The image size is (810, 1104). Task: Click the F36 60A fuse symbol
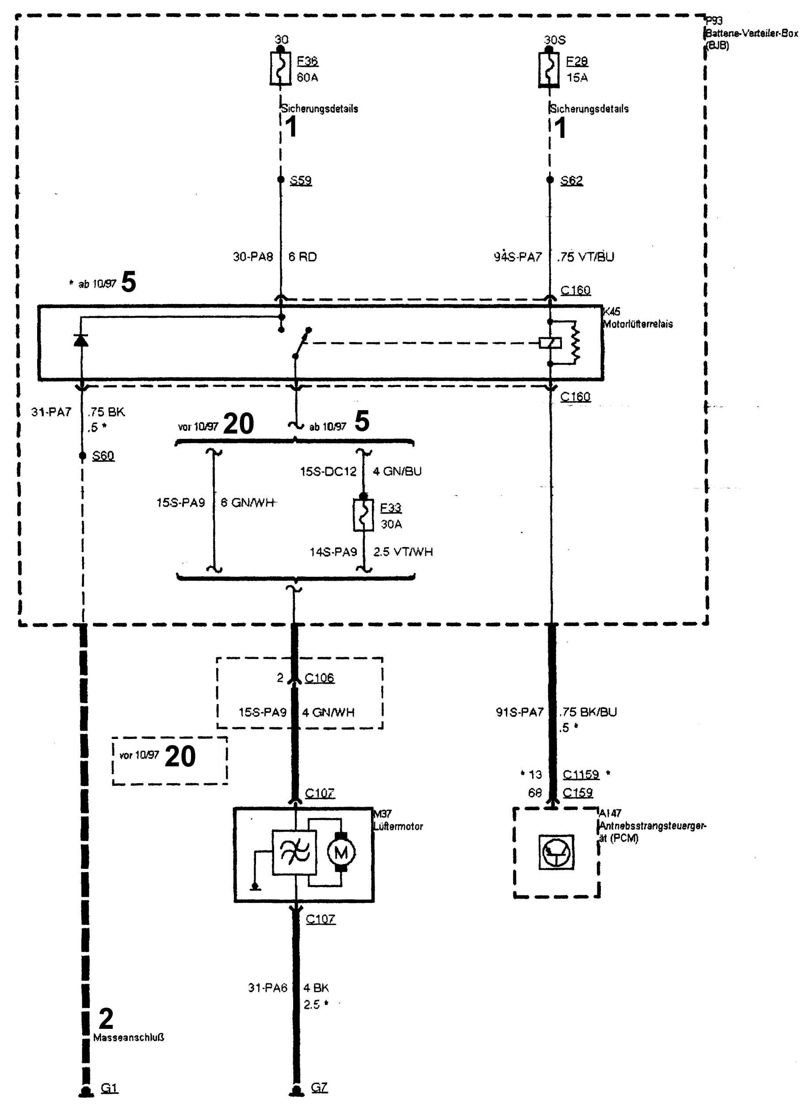[x=280, y=69]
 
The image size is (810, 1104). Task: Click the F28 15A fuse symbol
[x=549, y=69]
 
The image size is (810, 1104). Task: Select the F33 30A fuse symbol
[x=363, y=514]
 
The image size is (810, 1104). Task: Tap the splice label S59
[x=301, y=180]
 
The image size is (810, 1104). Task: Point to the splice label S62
[x=571, y=180]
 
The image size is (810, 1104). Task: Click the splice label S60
[x=103, y=456]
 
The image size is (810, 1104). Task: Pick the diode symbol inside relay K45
[x=81, y=339]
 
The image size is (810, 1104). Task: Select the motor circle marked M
[x=341, y=853]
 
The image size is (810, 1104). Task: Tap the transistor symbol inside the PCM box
[x=556, y=853]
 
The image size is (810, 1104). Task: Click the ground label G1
[x=109, y=1088]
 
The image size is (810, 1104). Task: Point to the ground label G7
[x=319, y=1087]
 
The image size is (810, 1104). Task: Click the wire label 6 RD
[x=302, y=257]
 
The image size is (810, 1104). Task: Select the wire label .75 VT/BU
[x=585, y=257]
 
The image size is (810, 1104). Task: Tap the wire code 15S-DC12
[x=328, y=472]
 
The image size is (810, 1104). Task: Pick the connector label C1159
[x=581, y=774]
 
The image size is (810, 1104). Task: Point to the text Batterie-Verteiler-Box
[x=752, y=33]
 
